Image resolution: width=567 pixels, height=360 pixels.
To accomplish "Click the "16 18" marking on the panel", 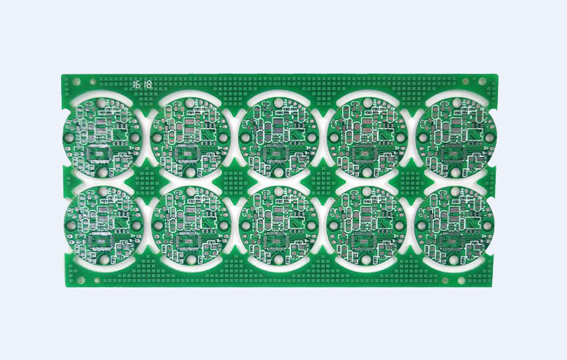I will [142, 85].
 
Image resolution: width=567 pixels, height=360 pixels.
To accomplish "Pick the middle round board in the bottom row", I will [279, 225].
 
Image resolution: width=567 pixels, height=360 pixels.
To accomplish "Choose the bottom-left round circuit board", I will [102, 225].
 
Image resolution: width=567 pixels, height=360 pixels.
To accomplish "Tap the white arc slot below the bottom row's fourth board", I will [367, 267].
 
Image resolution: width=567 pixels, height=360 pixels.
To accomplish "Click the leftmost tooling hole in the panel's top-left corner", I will [74, 84].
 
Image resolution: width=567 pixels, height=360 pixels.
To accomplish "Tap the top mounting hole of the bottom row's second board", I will [190, 192].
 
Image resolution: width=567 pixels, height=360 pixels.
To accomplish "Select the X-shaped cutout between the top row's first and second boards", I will [146, 136].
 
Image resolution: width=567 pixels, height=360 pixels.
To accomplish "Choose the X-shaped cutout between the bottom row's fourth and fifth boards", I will [413, 225].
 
